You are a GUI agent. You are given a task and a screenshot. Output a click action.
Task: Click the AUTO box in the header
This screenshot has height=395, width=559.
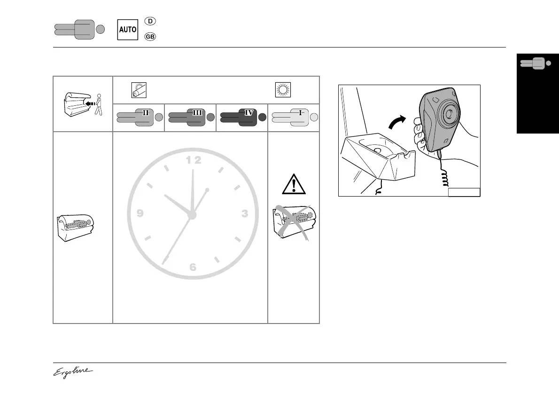click(127, 29)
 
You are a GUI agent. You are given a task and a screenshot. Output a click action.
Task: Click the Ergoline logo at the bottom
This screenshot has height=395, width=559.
click(72, 372)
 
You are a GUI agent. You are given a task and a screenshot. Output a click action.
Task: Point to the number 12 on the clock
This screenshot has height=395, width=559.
click(193, 160)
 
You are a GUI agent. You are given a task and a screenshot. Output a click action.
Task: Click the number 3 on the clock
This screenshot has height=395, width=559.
click(244, 214)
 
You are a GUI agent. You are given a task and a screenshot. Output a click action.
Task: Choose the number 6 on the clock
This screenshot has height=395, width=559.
click(193, 268)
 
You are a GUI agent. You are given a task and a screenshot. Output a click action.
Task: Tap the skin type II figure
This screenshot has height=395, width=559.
click(138, 117)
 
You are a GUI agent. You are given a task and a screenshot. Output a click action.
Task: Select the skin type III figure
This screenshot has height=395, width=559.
click(190, 117)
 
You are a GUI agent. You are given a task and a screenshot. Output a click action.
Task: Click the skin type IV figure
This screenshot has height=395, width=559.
click(241, 117)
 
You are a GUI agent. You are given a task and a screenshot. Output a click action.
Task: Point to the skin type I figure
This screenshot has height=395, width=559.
click(293, 117)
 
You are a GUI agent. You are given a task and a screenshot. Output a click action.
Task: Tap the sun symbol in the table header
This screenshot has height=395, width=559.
click(282, 89)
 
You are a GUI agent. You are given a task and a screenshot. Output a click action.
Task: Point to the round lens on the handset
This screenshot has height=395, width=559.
click(448, 113)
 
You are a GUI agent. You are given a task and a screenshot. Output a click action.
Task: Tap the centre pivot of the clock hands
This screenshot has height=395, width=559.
click(192, 215)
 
